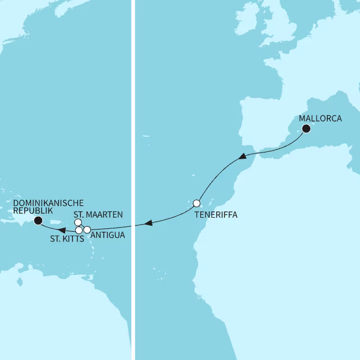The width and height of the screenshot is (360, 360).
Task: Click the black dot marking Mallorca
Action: pyautogui.click(x=307, y=129)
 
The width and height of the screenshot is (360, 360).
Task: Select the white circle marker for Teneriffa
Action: pyautogui.click(x=196, y=203)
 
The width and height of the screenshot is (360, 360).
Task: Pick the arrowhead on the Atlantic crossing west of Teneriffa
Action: pyautogui.click(x=148, y=223)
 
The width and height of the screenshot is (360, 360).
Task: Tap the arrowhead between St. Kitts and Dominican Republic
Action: pyautogui.click(x=64, y=229)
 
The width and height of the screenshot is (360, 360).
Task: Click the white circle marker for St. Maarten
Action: pyautogui.click(x=78, y=222)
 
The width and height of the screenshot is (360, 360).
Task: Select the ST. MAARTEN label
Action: pyautogui.click(x=98, y=214)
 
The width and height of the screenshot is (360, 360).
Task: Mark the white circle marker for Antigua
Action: pyautogui.click(x=87, y=229)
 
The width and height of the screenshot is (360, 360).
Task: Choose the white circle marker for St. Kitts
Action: pyautogui.click(x=79, y=230)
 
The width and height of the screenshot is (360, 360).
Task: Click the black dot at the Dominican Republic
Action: pyautogui.click(x=38, y=220)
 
